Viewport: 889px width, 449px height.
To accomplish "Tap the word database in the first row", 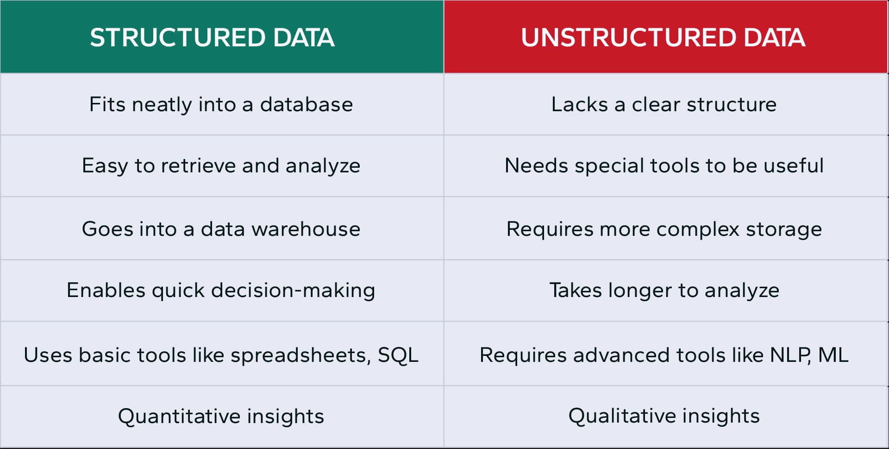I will point(306,105).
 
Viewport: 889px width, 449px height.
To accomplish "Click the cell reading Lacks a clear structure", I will point(664,105).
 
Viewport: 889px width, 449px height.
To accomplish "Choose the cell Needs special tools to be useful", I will point(664,166).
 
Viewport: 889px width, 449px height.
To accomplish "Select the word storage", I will point(783,229).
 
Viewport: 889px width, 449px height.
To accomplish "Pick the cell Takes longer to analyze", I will point(664,291).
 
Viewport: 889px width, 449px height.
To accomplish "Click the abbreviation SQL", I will point(398,355).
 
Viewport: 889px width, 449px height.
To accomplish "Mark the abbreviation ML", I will point(833,355).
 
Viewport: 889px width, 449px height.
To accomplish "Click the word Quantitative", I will point(178,416).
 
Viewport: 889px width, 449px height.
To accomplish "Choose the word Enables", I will point(106,291).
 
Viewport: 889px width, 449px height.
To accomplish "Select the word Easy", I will point(105,166).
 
